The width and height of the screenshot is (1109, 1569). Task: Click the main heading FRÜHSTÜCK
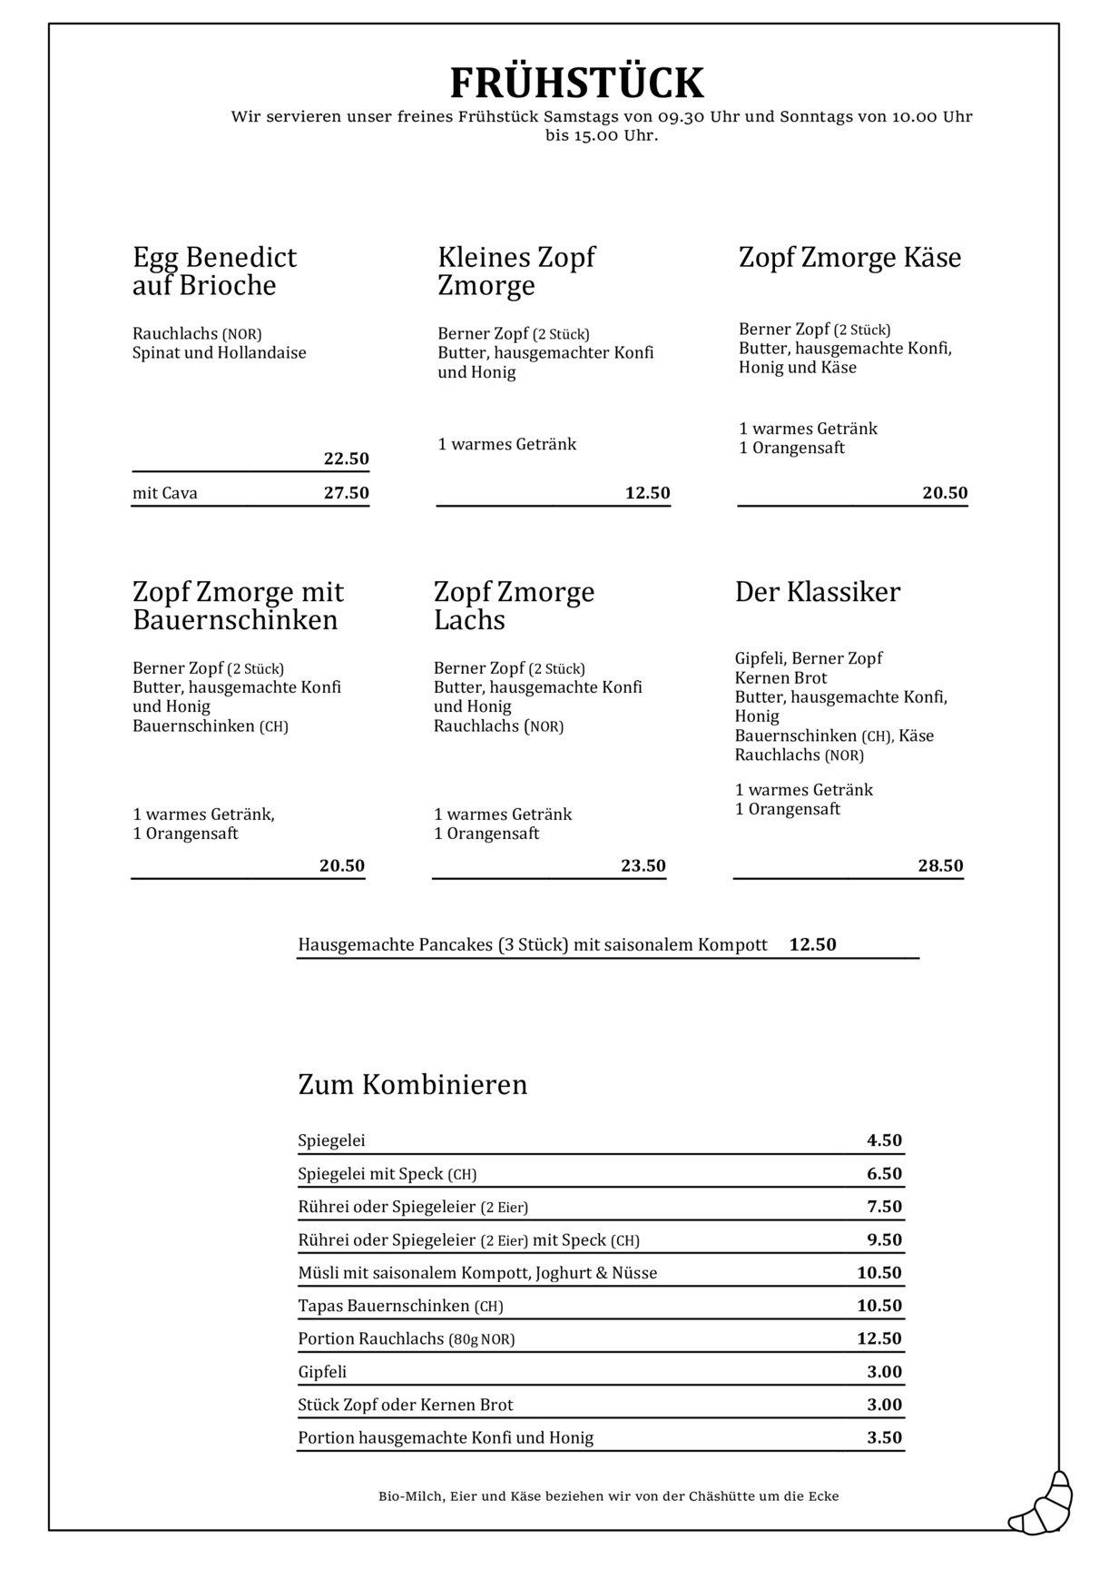click(577, 84)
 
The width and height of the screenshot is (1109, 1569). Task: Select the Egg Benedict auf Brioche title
click(215, 271)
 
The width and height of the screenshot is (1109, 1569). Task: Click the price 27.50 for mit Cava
click(346, 493)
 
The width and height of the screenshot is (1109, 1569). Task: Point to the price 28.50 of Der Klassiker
click(940, 865)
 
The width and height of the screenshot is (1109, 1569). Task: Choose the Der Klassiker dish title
click(818, 592)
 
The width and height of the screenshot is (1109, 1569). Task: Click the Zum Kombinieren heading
click(413, 1084)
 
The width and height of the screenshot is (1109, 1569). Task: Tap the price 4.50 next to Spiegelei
click(884, 1140)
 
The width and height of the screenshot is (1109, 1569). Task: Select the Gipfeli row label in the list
click(322, 1372)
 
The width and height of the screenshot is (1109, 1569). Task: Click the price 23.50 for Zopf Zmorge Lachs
click(643, 865)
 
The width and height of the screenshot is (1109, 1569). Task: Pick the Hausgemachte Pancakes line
click(533, 944)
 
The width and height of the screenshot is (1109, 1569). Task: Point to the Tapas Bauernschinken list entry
click(400, 1306)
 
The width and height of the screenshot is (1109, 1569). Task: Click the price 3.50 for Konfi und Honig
click(884, 1437)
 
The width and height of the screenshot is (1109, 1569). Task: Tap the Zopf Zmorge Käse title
click(849, 258)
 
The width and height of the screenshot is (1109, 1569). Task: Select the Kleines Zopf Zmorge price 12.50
click(647, 493)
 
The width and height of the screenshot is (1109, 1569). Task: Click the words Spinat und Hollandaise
click(220, 353)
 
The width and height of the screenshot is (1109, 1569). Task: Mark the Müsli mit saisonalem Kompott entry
click(477, 1273)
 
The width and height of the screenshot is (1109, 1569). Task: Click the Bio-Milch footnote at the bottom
click(608, 1496)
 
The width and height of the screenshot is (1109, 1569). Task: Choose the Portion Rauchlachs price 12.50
click(878, 1338)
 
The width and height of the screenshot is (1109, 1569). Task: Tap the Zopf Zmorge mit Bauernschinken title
click(238, 606)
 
